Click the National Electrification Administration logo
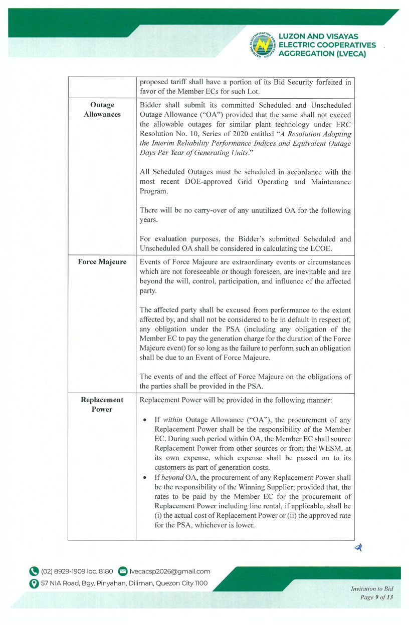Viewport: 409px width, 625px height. pyautogui.click(x=263, y=44)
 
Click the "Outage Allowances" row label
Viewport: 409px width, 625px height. pyautogui.click(x=102, y=110)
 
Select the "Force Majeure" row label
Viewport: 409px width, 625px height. pyautogui.click(x=102, y=262)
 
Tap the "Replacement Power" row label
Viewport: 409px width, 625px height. pyautogui.click(x=102, y=404)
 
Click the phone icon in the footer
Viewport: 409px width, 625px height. pyautogui.click(x=34, y=571)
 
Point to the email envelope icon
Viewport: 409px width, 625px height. pyautogui.click(x=122, y=571)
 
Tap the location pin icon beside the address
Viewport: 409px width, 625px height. pyautogui.click(x=34, y=583)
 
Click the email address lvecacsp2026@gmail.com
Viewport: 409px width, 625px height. pyautogui.click(x=170, y=571)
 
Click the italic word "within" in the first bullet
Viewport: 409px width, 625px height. pyautogui.click(x=172, y=420)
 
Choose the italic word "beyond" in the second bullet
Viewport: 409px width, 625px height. pyautogui.click(x=172, y=477)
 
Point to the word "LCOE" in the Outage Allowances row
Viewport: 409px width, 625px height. pyautogui.click(x=341, y=248)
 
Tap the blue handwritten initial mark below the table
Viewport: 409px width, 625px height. pyautogui.click(x=358, y=548)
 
